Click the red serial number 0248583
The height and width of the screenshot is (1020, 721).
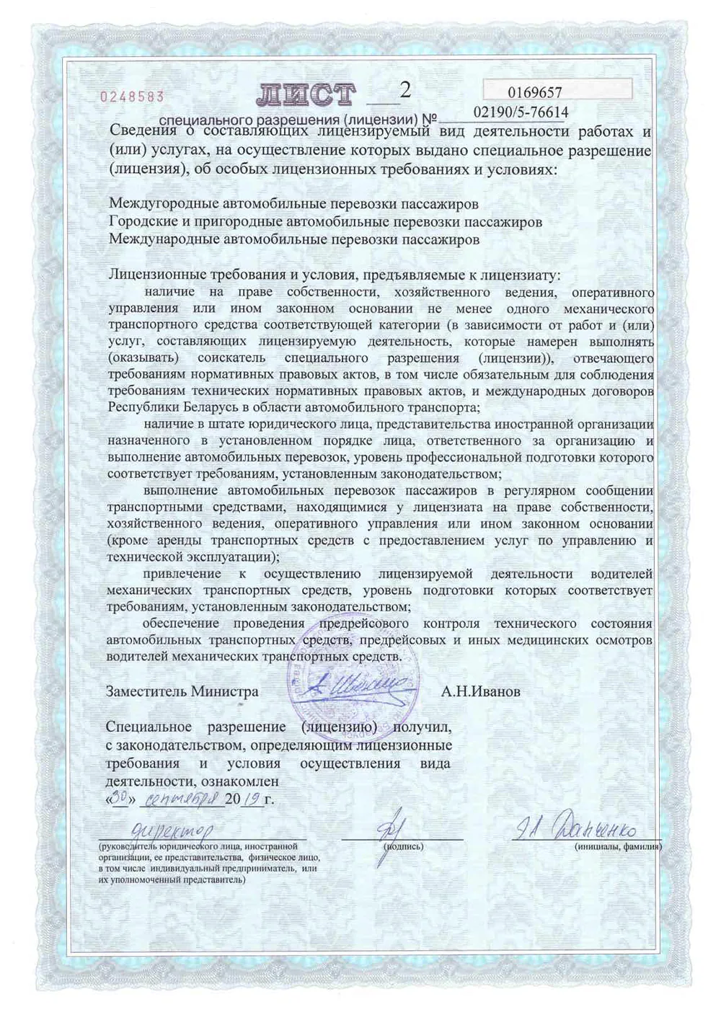(131, 96)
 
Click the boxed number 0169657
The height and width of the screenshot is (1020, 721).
(534, 92)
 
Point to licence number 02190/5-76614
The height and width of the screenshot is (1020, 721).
(521, 112)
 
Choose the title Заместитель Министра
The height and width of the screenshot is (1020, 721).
(182, 691)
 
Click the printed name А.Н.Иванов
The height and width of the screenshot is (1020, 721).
(481, 691)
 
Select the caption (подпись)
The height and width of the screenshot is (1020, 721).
(404, 846)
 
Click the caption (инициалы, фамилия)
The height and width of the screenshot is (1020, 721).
(618, 846)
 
